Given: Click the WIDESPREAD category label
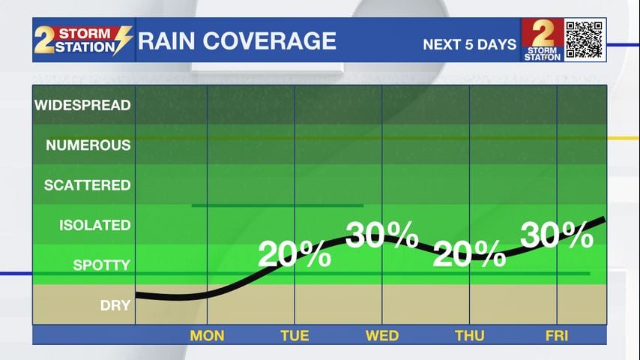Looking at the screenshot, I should pos(82,105).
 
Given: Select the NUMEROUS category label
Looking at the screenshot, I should pos(88,145).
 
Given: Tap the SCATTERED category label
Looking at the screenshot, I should pos(87,185).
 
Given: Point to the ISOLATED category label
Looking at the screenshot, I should pos(94,225).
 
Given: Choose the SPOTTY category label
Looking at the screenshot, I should pos(101,265).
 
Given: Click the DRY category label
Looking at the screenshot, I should pos(115,305).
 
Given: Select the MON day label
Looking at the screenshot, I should pos(207,335).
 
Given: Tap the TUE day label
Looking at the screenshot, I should pos(295,335).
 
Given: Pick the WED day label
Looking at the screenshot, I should pos(382,335).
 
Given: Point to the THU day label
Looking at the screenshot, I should pos(470,335).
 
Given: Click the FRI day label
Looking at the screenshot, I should pos(558,335).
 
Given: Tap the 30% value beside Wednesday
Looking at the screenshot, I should pos(381,235).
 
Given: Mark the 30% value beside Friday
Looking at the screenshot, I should pos(557,235).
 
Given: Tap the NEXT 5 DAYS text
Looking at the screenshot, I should pos(470,44).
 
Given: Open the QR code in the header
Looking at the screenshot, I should pos(585,40).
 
